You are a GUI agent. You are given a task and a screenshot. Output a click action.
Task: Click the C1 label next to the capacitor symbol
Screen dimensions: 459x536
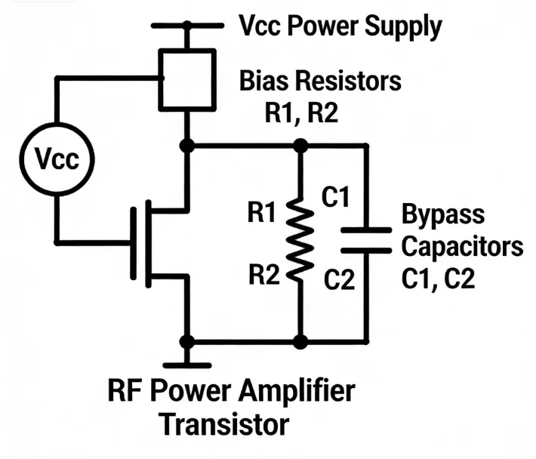pos(337,199)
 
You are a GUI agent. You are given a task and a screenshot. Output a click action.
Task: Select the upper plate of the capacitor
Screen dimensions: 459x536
pos(366,228)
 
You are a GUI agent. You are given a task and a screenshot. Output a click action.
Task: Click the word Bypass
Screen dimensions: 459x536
pos(443,214)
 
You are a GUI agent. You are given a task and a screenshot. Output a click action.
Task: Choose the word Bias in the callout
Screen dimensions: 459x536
pos(265,80)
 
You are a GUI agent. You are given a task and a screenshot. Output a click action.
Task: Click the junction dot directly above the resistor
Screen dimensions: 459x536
pos(301,145)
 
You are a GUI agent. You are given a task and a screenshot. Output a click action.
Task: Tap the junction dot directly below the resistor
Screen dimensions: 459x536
pos(301,342)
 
